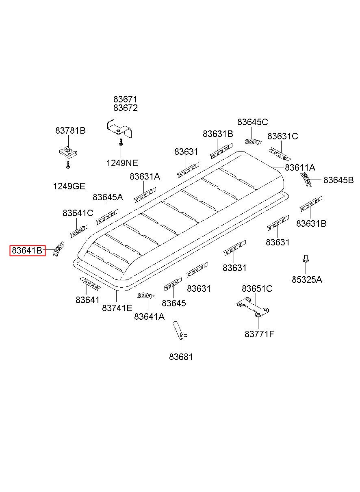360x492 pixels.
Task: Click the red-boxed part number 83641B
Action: tap(27, 250)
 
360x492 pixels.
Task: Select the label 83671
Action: tap(125, 100)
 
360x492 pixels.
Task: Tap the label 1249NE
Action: tap(122, 163)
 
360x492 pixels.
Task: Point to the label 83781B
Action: tap(70, 131)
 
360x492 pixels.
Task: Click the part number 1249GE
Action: tap(69, 186)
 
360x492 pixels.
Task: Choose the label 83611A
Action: tap(300, 167)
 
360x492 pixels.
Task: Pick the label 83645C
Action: tap(253, 122)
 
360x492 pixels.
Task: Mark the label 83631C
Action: tap(283, 137)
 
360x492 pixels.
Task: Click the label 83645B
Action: tap(338, 180)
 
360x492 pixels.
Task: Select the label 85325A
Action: tap(307, 280)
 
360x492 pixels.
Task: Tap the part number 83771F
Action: tap(259, 334)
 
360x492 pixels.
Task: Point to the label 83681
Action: tap(181, 357)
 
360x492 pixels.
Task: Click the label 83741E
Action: tap(117, 308)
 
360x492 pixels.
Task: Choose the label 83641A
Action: tap(150, 316)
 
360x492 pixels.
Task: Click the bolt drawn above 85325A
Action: tap(306, 258)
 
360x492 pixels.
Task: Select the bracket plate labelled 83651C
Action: tap(253, 307)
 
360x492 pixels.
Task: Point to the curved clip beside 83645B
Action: tap(306, 180)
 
